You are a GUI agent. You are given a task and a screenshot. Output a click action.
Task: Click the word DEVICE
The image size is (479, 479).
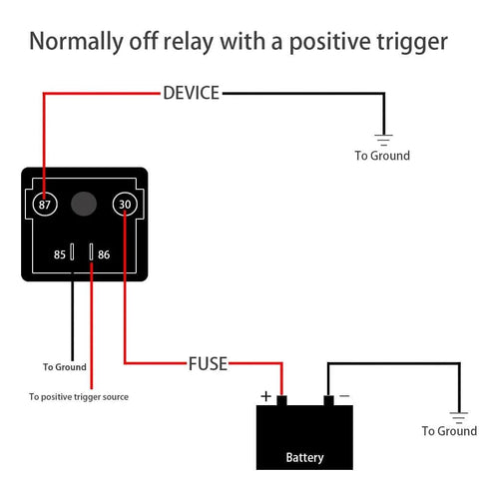(191, 93)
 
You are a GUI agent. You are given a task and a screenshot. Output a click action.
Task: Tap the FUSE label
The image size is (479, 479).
(208, 363)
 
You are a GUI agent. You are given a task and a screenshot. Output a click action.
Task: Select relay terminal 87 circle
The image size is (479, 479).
(44, 204)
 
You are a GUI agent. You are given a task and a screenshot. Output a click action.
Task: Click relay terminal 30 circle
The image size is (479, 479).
(124, 204)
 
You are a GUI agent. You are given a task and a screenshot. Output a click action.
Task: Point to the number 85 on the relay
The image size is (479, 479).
(60, 255)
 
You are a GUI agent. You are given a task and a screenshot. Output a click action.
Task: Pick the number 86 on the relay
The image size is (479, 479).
(104, 255)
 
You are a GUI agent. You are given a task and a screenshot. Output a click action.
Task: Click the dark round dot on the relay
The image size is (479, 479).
(84, 204)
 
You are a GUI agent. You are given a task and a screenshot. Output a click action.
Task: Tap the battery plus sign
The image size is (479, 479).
(265, 396)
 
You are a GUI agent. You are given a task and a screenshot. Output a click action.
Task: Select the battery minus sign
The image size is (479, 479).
(344, 396)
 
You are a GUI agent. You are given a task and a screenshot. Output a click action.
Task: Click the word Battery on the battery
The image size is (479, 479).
(304, 458)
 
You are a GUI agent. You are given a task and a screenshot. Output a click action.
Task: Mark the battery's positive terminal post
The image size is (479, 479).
(282, 401)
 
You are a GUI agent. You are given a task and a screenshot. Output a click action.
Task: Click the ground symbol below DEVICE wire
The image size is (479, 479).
(382, 138)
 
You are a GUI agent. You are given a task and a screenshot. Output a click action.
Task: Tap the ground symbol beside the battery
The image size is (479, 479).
(458, 414)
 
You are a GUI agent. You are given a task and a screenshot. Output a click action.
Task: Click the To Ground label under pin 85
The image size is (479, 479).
(64, 367)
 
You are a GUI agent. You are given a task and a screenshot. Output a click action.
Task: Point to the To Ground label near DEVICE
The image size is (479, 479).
(382, 156)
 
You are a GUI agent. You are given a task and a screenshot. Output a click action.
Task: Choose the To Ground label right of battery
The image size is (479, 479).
(449, 431)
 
